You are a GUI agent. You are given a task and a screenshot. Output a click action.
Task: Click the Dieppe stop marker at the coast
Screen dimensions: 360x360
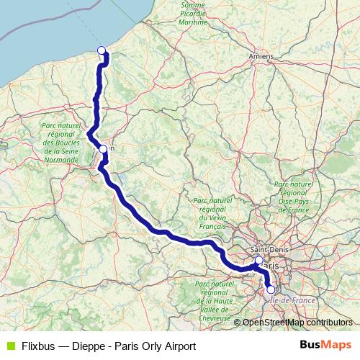pos(102,50)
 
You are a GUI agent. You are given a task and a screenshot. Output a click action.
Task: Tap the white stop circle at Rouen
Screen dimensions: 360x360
pos(103,149)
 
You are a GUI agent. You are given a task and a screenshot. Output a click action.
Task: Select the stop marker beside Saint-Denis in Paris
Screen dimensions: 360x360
pos(259,260)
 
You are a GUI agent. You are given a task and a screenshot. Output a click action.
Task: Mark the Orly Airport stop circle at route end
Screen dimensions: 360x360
pos(271,290)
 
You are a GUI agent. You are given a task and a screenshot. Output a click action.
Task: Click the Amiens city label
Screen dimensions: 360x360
pos(260,55)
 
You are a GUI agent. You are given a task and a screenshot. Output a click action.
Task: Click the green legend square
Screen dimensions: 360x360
pos(9,346)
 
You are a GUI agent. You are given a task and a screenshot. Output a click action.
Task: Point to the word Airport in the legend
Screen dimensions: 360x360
pos(178,346)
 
